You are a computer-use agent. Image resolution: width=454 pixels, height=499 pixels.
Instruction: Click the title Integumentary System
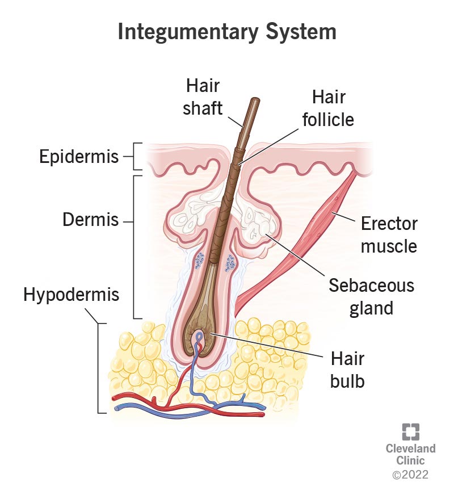point(227,31)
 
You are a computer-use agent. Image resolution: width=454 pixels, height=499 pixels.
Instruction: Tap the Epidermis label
point(79,157)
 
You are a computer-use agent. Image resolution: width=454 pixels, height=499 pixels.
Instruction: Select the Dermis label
point(91,220)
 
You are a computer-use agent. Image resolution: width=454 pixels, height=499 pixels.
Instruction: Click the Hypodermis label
point(72,295)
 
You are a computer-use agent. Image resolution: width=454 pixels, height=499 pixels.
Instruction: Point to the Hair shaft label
point(202,97)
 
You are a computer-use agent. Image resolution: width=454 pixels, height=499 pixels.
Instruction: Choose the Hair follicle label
point(328,109)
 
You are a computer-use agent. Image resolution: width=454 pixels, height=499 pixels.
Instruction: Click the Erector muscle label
point(389,235)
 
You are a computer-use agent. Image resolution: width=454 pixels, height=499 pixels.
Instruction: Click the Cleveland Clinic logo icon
point(410,432)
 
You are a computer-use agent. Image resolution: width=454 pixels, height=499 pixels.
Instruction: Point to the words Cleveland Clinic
point(410,454)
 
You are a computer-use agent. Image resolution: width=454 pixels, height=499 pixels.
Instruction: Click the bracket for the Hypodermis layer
point(100,368)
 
